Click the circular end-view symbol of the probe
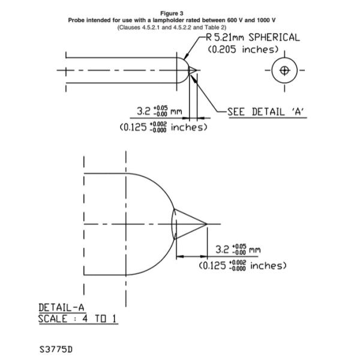click(x=285, y=70)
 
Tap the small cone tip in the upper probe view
click(x=193, y=70)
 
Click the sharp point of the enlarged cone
click(x=206, y=224)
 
